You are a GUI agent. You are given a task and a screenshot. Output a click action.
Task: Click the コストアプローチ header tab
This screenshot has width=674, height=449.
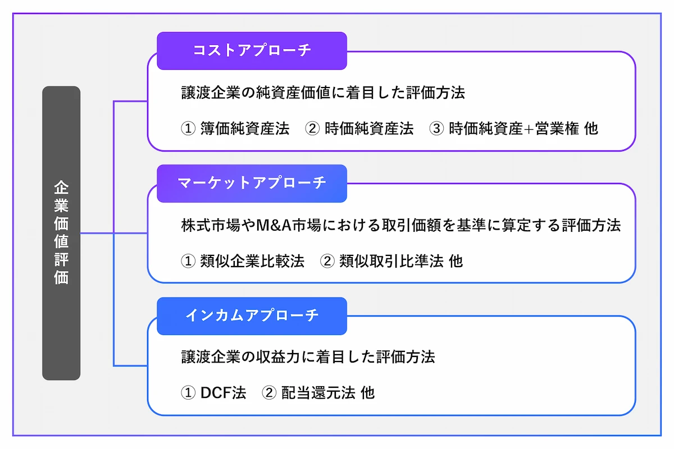tap(252, 51)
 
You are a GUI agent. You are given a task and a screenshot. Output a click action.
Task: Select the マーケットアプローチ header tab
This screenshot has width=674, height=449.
tap(252, 183)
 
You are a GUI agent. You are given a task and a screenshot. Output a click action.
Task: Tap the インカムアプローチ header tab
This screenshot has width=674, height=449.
tap(252, 315)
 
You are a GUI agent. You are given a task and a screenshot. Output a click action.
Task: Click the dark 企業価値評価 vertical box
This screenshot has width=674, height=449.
tap(61, 233)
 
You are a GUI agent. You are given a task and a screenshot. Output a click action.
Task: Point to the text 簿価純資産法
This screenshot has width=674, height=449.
tap(244, 129)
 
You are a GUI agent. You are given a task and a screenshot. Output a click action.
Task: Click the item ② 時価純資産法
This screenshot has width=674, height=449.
tap(359, 129)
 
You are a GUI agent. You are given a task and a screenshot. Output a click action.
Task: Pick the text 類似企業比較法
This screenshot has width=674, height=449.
tap(252, 261)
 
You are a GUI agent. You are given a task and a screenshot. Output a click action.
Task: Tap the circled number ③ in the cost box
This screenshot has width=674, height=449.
tap(436, 129)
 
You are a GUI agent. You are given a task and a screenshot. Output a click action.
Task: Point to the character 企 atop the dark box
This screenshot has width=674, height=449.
tap(61, 187)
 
